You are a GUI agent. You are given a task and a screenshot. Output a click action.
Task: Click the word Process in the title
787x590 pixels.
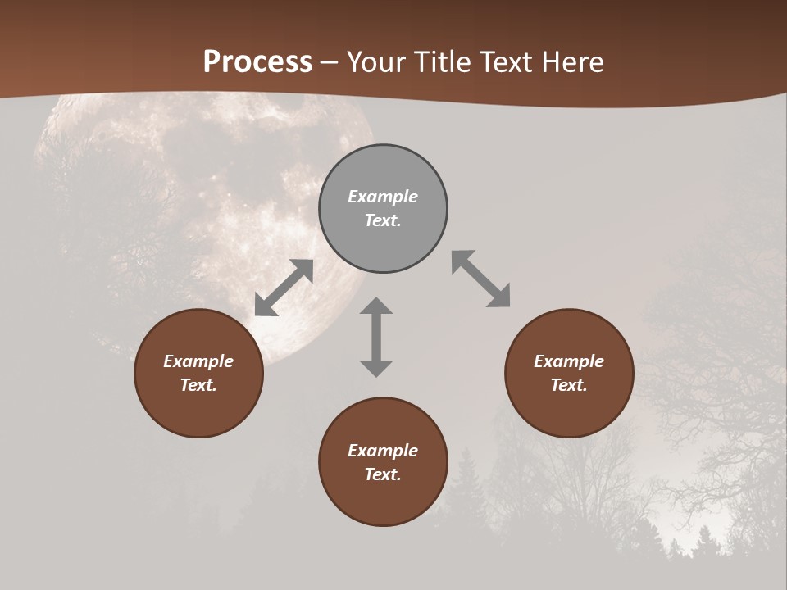pyautogui.click(x=257, y=62)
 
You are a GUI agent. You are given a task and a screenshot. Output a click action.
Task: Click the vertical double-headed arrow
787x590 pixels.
pyautogui.click(x=376, y=337)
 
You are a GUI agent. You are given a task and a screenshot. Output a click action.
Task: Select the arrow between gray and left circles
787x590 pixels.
pyautogui.click(x=284, y=288)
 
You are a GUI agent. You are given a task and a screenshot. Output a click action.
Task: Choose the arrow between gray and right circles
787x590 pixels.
pyautogui.click(x=481, y=279)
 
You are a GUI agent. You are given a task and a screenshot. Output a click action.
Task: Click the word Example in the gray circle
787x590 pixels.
pyautogui.click(x=383, y=197)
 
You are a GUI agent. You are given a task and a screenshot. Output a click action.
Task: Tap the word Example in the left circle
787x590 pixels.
pyautogui.click(x=198, y=361)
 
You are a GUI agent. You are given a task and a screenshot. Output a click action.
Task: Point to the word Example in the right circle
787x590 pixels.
pyautogui.click(x=569, y=361)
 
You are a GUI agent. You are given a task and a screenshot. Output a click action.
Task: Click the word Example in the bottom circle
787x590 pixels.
pyautogui.click(x=383, y=451)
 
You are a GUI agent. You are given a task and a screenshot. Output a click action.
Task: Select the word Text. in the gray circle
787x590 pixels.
pyautogui.click(x=383, y=220)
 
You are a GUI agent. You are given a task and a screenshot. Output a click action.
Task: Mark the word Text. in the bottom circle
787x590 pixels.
pyautogui.click(x=383, y=474)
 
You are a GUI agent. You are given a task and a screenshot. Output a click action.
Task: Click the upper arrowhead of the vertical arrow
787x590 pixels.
pyautogui.click(x=376, y=306)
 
